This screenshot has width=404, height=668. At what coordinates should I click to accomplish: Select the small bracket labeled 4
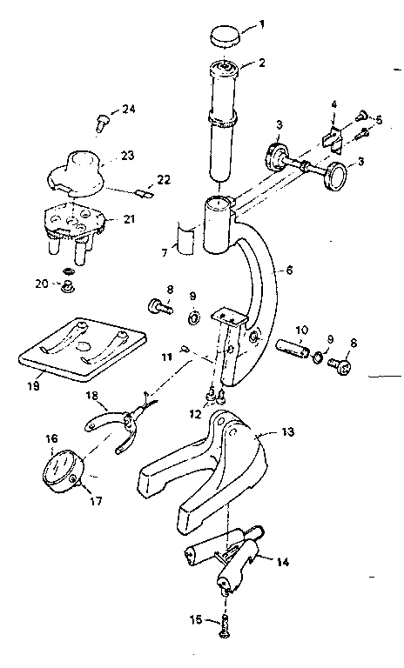[x=331, y=137]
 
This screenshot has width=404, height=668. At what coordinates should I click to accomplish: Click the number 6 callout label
[x=287, y=271]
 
